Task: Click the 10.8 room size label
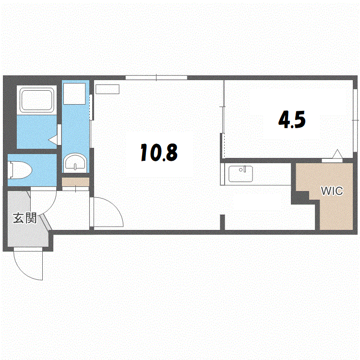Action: tap(159, 152)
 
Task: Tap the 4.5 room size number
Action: tap(292, 120)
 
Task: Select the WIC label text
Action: tap(332, 191)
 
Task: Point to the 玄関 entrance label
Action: tap(24, 218)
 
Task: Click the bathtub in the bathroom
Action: tap(37, 100)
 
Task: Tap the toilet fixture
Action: tap(20, 170)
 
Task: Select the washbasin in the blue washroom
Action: tap(75, 163)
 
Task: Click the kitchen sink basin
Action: tap(240, 174)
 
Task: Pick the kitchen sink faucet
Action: tap(243, 169)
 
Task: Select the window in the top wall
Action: tap(156, 78)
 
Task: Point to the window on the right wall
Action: tap(355, 120)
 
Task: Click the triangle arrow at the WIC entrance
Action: tap(337, 154)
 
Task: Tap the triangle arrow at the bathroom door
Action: tap(53, 140)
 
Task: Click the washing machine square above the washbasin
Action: tap(74, 94)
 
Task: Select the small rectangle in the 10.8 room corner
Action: tap(108, 89)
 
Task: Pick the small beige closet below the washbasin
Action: tap(75, 182)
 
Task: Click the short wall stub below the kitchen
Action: tap(222, 222)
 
